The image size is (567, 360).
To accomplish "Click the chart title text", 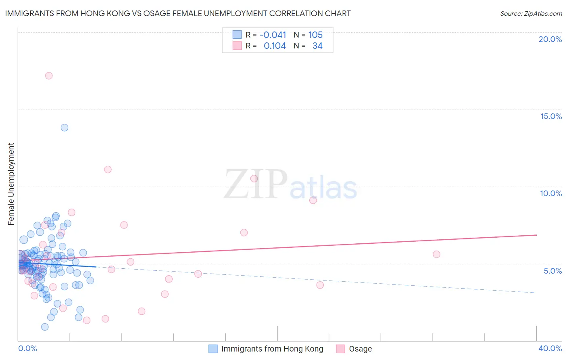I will (178, 13).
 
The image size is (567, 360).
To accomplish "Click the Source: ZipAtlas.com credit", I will (531, 13).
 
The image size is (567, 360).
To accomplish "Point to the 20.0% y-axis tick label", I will (550, 39).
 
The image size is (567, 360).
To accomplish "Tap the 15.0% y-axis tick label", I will (551, 116).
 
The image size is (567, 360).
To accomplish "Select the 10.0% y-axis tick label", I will (551, 193).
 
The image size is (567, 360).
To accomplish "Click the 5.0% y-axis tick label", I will (552, 271).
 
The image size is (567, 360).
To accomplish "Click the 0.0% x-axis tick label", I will (27, 348).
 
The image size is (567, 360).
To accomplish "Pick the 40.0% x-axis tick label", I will (550, 348).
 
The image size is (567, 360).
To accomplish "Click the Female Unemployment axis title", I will (11, 184).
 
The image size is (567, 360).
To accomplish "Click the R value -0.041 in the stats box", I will (273, 35).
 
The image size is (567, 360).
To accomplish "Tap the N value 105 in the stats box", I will (315, 35).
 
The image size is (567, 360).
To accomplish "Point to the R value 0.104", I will (275, 46).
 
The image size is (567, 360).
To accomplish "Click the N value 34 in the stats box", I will (317, 46).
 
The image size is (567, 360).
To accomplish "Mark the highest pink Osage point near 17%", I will (49, 75).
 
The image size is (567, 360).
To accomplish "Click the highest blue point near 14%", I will (65, 128).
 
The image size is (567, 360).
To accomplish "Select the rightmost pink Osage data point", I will (436, 254).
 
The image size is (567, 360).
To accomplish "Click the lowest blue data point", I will (45, 327).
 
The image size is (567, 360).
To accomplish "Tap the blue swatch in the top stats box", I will (237, 35).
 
